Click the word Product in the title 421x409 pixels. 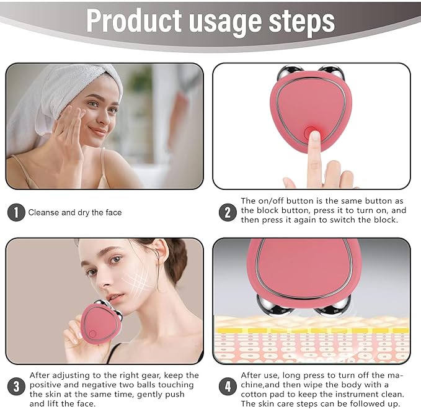(134, 21)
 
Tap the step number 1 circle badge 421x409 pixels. (16, 212)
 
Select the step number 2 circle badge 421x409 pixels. (228, 212)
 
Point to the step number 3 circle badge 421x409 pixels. (16, 387)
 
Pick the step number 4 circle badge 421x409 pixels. (228, 387)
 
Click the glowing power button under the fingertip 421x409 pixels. (311, 132)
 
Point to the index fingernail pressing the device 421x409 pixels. (315, 136)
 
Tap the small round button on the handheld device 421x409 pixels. (92, 334)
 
